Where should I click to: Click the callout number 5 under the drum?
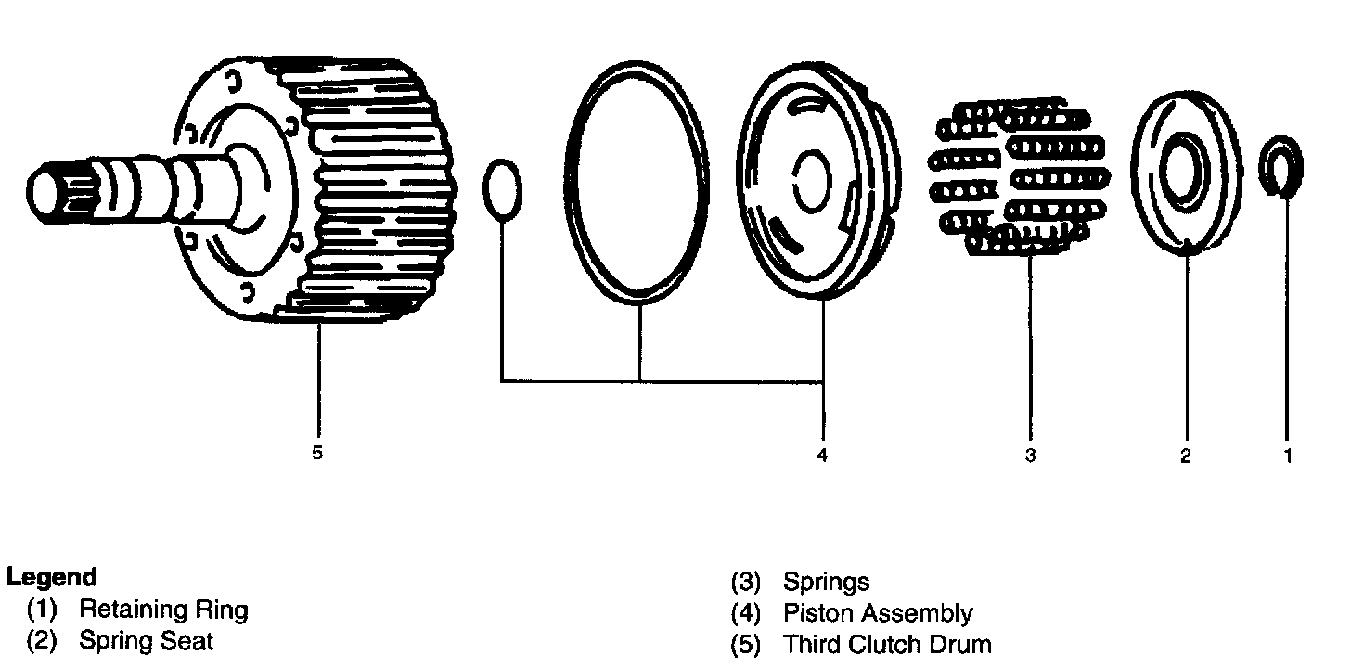click(317, 454)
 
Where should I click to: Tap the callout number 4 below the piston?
click(821, 455)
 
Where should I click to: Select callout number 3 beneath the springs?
click(1030, 455)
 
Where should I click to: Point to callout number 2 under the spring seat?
click(1186, 456)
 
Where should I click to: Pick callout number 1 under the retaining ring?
click(1287, 456)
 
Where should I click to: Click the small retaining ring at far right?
click(1281, 167)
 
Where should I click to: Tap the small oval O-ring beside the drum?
click(502, 190)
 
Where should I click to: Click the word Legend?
click(51, 577)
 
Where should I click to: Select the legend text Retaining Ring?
click(163, 610)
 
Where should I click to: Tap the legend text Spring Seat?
click(146, 640)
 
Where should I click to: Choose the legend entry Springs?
click(827, 582)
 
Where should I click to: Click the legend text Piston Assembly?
click(878, 613)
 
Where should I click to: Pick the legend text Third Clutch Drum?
click(887, 644)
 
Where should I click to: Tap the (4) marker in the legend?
click(746, 613)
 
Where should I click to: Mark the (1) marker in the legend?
click(43, 610)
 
